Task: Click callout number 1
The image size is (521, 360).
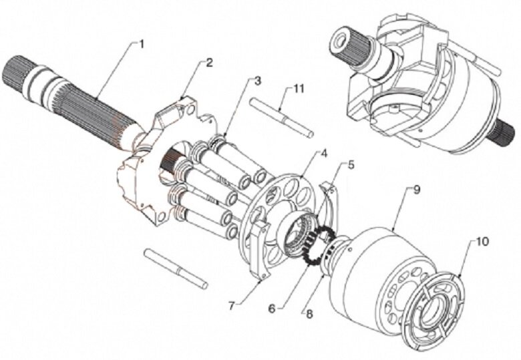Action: [x=141, y=43]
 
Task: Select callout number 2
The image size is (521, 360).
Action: [x=209, y=63]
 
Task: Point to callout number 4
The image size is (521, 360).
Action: [x=324, y=153]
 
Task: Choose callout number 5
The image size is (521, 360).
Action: [x=351, y=165]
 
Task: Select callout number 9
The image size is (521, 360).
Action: [x=416, y=189]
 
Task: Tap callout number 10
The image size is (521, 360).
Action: [x=481, y=241]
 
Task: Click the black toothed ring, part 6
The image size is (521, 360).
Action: [x=317, y=246]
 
